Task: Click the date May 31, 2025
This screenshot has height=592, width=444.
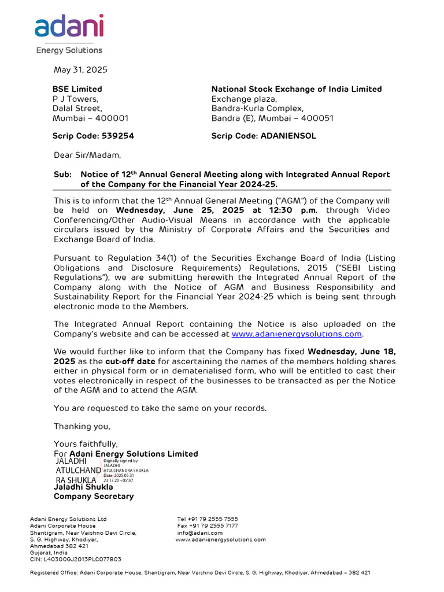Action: [80, 70]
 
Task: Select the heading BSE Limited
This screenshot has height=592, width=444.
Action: [77, 89]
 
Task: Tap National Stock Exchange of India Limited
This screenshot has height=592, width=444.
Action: [296, 89]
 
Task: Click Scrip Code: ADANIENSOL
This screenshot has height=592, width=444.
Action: [264, 136]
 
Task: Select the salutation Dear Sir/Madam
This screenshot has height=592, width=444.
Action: [88, 155]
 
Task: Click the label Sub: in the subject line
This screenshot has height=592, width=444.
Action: [62, 175]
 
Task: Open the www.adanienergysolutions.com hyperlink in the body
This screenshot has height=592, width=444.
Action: [297, 334]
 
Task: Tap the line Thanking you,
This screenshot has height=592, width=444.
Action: [82, 426]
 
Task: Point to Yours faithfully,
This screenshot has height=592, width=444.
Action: [86, 444]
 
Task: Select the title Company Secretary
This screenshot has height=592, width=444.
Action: [94, 496]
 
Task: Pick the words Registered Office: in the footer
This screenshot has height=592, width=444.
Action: [46, 572]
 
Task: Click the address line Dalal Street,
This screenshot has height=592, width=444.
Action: [77, 108]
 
